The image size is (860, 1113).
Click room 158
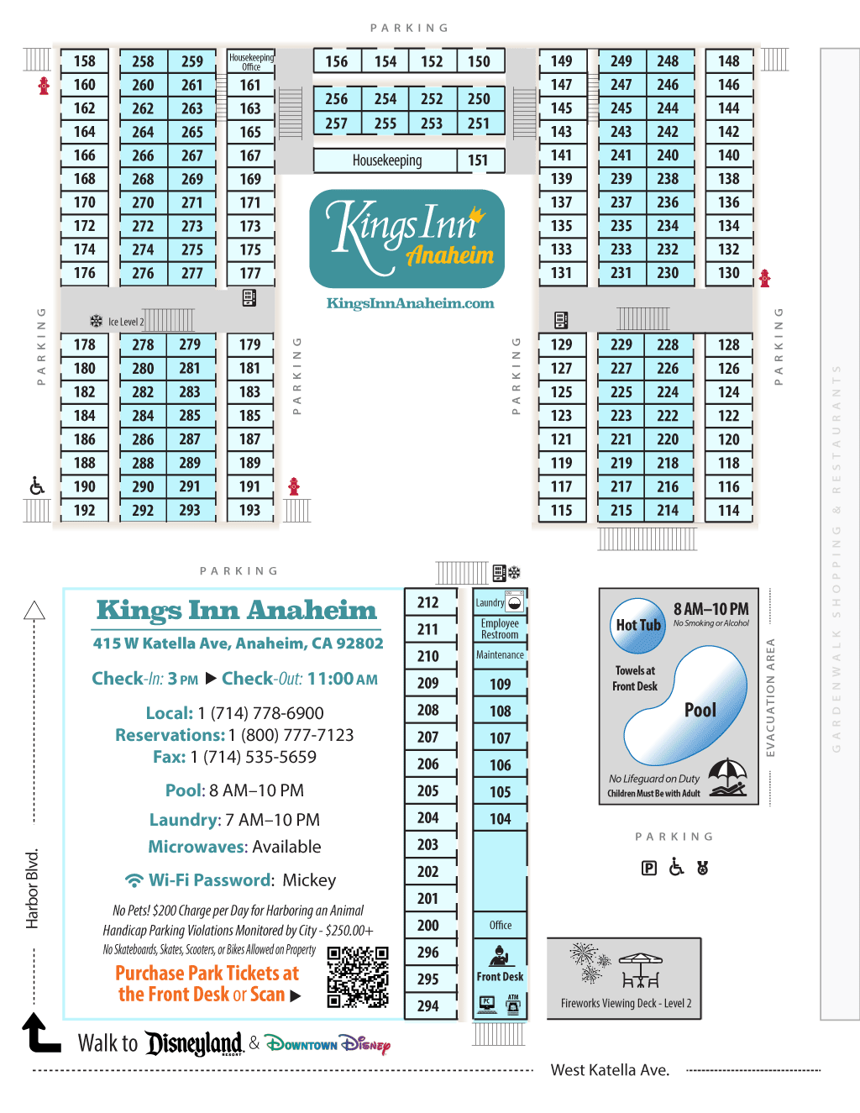point(84,61)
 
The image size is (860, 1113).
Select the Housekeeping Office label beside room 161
point(251,61)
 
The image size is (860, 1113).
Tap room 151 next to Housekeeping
point(478,160)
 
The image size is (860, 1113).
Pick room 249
point(621,61)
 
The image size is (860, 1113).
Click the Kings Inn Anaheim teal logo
point(407,239)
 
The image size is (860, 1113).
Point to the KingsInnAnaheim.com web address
point(410,303)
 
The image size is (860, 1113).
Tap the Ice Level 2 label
point(126,322)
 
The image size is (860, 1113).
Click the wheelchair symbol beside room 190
point(37,486)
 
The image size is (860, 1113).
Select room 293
point(190,510)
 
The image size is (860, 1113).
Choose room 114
point(728,510)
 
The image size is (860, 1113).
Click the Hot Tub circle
point(638,625)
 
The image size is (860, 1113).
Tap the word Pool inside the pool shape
point(700,710)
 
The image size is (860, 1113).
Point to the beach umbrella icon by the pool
point(727,777)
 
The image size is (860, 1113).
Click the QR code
point(358,976)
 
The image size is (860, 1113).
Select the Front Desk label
point(500,976)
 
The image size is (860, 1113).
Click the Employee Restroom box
point(500,629)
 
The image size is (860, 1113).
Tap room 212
point(428,602)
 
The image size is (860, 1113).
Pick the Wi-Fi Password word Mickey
point(309,880)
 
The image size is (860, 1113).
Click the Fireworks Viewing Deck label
point(626,1003)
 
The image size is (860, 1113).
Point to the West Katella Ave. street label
point(610,1070)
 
